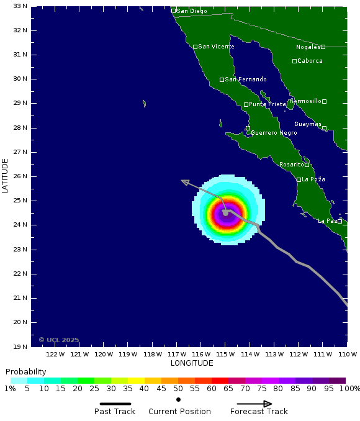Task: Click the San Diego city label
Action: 192,11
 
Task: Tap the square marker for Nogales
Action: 323,47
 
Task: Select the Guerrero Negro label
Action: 274,133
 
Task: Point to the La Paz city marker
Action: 340,221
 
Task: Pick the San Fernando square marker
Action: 222,79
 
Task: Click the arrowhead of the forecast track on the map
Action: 184,181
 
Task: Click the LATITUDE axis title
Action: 6,176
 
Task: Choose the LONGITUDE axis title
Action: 192,363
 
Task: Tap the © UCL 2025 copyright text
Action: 59,340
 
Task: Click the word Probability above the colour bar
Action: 26,371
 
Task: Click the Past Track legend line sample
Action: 115,404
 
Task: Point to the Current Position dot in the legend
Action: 178,399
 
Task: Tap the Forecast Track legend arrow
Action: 259,404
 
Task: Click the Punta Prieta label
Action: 268,104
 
